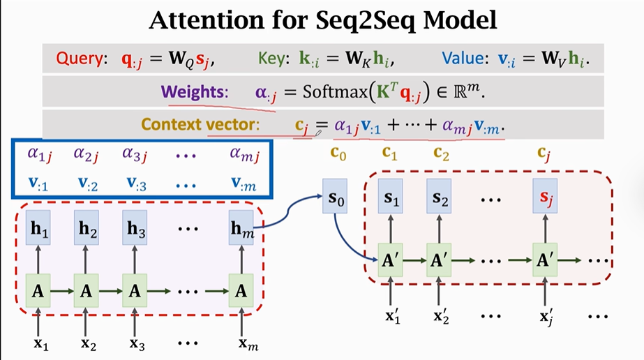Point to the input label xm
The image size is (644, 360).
point(241,343)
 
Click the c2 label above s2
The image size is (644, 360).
point(441,153)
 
